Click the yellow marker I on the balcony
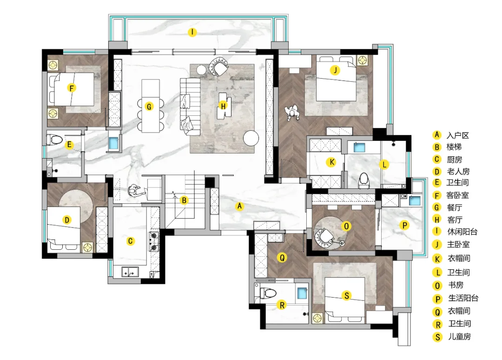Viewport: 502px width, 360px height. [192, 32]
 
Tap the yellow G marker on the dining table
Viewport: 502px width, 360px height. [149, 107]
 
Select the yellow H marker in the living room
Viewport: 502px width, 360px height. [223, 106]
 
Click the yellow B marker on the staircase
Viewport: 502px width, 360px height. [184, 200]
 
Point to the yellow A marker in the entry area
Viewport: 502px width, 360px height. [239, 206]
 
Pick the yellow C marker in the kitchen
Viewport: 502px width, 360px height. [130, 241]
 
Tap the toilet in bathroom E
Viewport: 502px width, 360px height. [55, 140]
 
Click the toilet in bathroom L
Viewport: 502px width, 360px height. [363, 180]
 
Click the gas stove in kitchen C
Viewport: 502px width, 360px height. [154, 241]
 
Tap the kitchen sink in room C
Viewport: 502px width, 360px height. [130, 272]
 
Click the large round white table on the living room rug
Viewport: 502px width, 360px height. [251, 138]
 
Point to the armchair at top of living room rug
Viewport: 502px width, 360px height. [218, 67]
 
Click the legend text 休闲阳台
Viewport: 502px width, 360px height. [462, 232]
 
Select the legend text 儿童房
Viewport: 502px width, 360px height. [459, 337]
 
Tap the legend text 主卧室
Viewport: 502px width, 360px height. [458, 245]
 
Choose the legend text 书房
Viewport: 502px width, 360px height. [456, 285]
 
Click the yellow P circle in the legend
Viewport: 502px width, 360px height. [437, 299]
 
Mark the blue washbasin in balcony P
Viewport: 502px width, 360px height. [415, 200]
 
